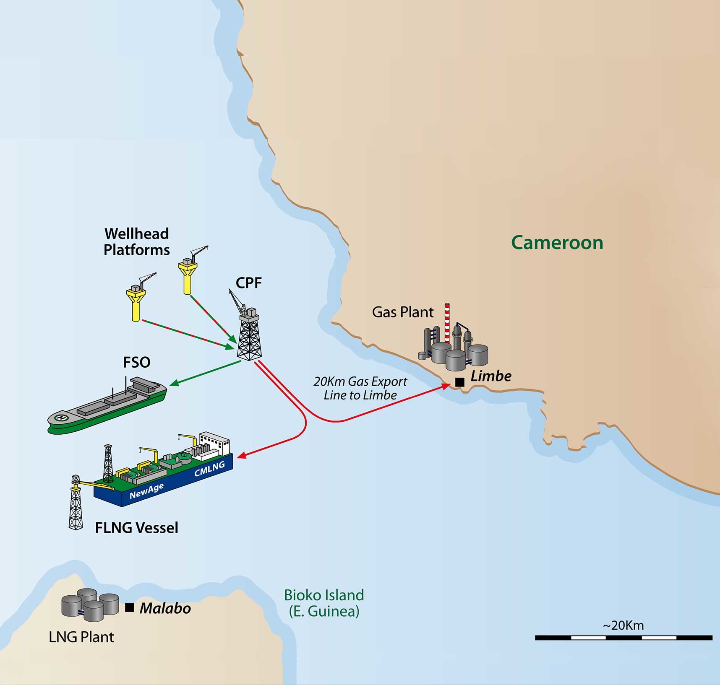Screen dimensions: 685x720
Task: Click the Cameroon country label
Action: (557, 243)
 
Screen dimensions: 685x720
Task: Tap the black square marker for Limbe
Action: (460, 382)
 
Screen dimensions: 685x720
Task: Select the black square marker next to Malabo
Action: (130, 607)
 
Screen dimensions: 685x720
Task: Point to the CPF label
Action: (248, 283)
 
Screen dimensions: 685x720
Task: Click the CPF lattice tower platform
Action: (249, 335)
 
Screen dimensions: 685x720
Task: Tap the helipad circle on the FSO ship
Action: (61, 418)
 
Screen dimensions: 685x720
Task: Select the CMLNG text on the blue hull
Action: (209, 468)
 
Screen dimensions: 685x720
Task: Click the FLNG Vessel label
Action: (136, 527)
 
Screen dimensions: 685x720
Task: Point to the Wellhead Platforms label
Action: (136, 241)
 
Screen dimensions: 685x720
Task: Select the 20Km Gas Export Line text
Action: (360, 388)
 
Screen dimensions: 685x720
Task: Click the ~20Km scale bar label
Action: (623, 625)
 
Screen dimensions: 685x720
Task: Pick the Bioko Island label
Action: (324, 603)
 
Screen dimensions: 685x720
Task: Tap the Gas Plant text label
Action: (402, 312)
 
